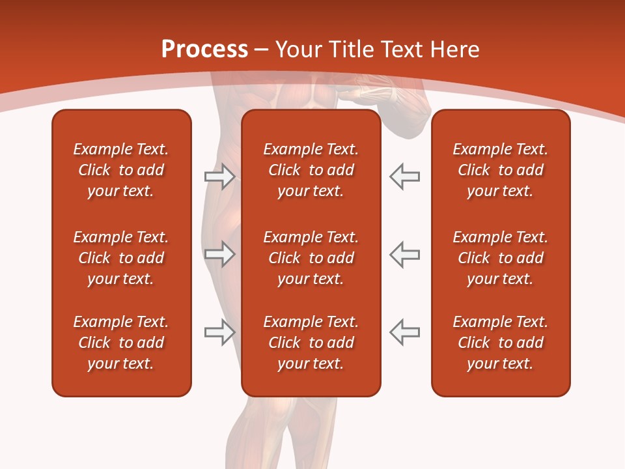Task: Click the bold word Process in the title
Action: (204, 50)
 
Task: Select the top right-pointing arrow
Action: (219, 177)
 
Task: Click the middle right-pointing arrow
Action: (219, 254)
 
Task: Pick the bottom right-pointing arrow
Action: (219, 332)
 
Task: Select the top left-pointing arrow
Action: (404, 177)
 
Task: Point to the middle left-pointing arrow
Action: (404, 254)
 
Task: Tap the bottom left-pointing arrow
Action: (404, 332)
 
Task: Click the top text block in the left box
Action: (121, 170)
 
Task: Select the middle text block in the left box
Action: (121, 258)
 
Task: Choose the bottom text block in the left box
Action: (121, 343)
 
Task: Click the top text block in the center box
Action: (311, 170)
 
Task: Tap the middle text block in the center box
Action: (311, 258)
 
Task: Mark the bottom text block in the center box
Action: (311, 343)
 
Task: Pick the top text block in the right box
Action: (500, 170)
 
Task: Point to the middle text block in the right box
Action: (500, 258)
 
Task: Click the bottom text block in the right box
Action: (500, 343)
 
